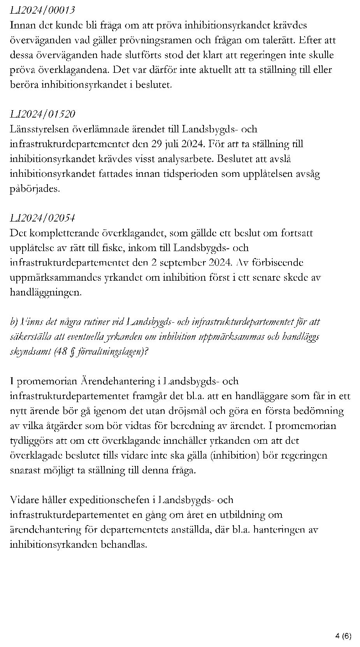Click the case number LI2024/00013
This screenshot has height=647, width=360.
pyautogui.click(x=42, y=10)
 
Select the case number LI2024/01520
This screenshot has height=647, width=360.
pyautogui.click(x=42, y=114)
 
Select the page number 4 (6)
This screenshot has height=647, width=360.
pyautogui.click(x=343, y=636)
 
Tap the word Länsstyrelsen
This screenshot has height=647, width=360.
pyautogui.click(x=37, y=129)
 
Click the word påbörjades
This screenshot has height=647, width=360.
pyautogui.click(x=35, y=189)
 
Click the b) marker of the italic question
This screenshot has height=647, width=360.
pyautogui.click(x=14, y=322)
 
